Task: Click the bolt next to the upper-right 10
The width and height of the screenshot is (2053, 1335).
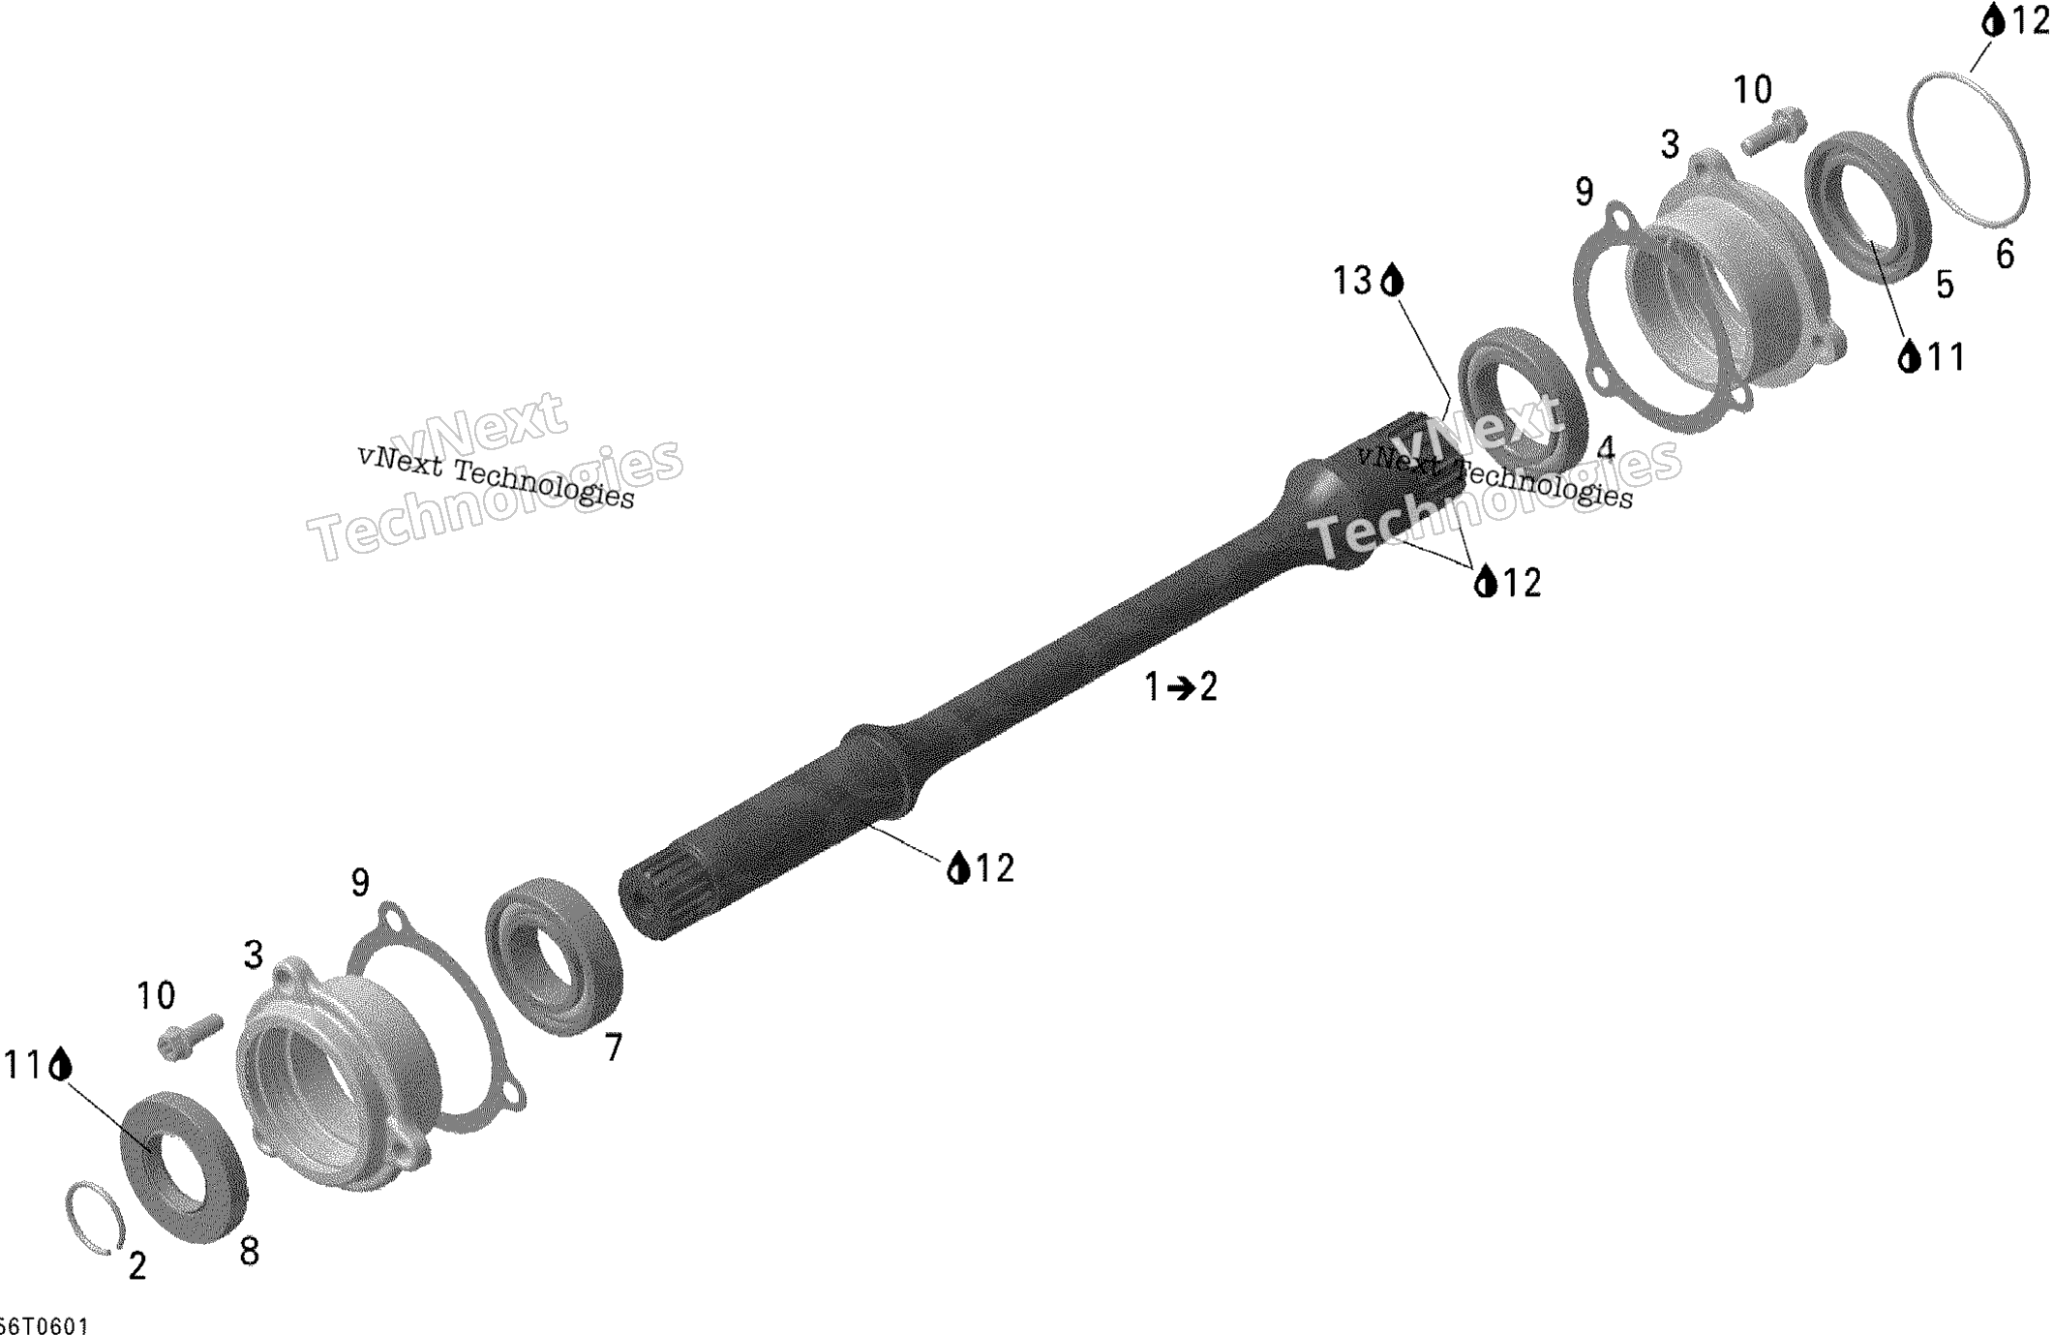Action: click(1773, 131)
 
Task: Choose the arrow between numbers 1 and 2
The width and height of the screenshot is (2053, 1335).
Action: click(1180, 688)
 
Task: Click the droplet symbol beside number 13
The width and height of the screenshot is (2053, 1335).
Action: click(1392, 280)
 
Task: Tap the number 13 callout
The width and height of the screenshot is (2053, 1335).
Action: click(1352, 281)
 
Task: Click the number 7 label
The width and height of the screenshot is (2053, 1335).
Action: click(614, 1047)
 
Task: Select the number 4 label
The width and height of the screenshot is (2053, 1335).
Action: click(1606, 448)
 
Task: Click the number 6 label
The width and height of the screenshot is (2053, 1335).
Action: click(2005, 255)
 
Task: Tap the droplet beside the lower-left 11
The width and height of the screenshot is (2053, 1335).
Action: click(61, 1064)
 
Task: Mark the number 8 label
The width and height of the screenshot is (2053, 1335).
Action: click(249, 1252)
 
